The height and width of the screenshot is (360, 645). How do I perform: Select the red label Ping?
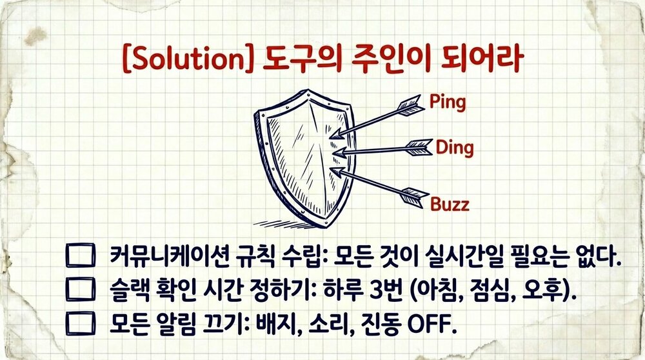(x=447, y=102)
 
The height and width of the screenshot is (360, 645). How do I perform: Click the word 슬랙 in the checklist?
(x=129, y=290)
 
